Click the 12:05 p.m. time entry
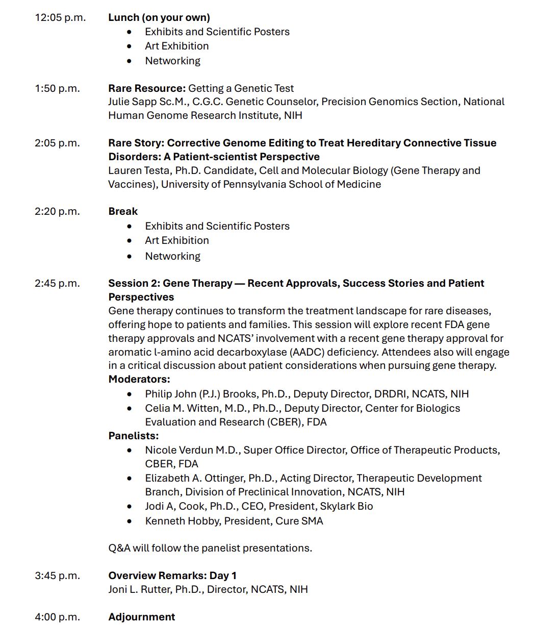pos(60,17)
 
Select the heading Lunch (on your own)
pos(159,17)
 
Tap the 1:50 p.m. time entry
pos(57,88)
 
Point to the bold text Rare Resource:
pos(147,88)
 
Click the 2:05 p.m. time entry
pos(57,143)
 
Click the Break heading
pos(123,211)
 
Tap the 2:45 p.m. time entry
pos(57,283)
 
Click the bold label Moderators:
pos(139,379)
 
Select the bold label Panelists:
pos(134,436)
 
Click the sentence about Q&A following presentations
pos(210,548)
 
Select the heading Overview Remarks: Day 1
pos(172,576)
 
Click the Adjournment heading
pos(142,617)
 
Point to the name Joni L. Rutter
pos(139,589)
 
